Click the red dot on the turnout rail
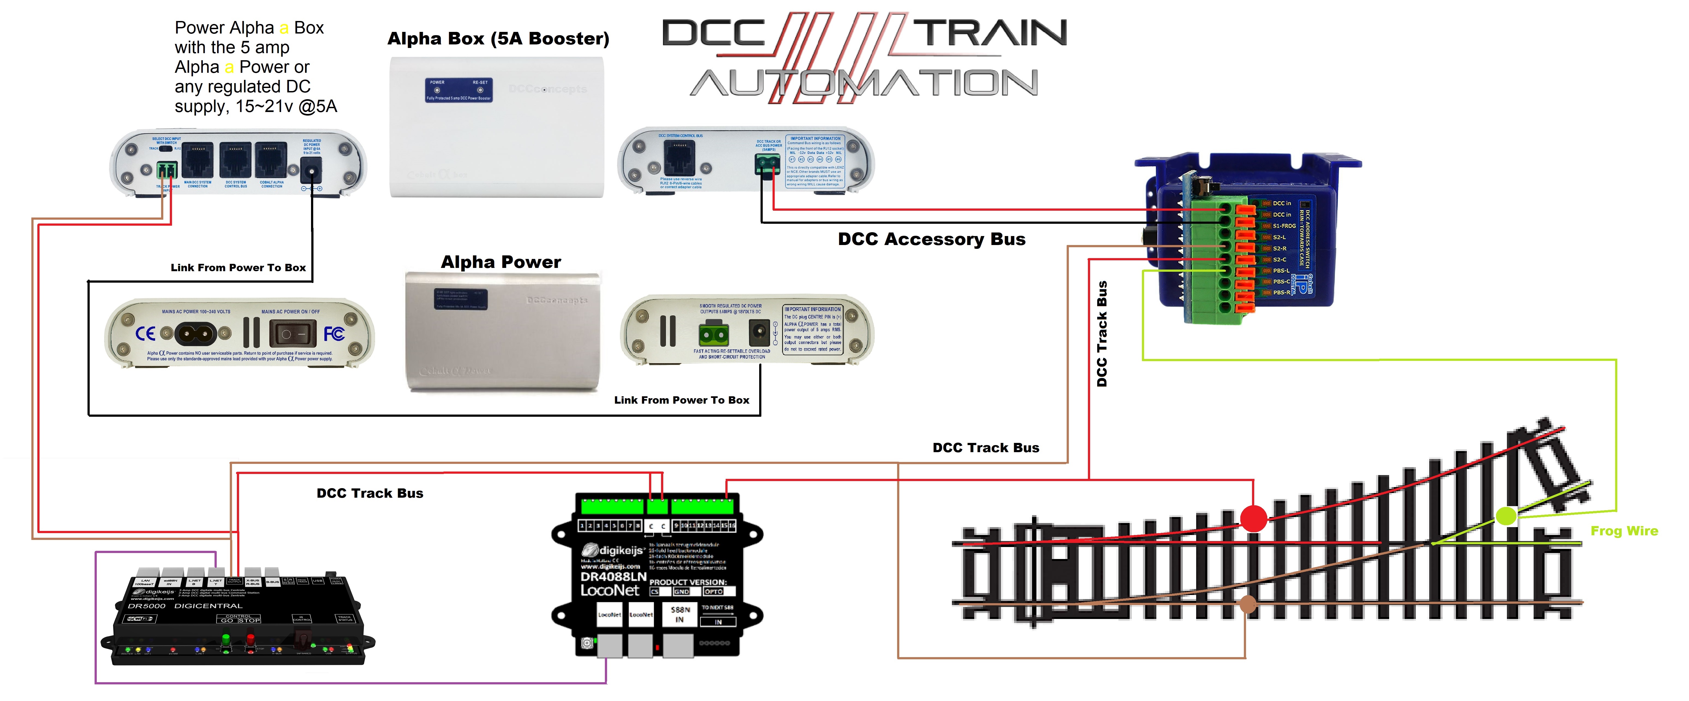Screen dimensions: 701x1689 1253,518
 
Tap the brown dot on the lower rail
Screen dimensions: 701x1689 1247,604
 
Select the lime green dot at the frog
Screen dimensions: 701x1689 1506,515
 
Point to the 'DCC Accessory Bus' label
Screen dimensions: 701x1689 931,239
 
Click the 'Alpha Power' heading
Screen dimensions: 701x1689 500,262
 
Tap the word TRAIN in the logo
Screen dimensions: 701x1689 990,33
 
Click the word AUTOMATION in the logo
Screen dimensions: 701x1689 864,83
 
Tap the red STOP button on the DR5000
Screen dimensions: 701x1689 250,639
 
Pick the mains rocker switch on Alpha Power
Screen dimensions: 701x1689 292,334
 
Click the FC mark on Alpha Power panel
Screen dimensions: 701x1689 334,334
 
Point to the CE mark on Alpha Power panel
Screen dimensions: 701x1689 145,334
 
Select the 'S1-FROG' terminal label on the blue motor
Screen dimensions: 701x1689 1283,226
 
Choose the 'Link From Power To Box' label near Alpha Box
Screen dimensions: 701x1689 238,268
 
